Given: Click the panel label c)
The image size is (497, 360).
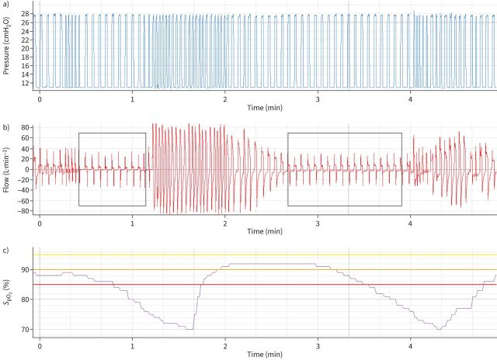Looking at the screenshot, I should click(7, 250).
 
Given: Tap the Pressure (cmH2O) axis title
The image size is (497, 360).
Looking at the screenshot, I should click(6, 48).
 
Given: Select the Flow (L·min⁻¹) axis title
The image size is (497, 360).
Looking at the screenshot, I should click(6, 168).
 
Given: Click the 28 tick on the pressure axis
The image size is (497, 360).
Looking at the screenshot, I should click(26, 14).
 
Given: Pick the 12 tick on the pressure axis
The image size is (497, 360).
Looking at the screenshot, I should click(26, 82).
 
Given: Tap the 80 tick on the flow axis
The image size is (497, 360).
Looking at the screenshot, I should click(25, 126).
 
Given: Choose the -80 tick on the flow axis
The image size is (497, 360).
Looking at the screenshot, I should click(23, 210).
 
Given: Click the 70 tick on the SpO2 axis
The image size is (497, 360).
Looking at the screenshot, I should click(26, 329).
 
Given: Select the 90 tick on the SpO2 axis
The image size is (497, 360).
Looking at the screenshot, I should click(26, 270).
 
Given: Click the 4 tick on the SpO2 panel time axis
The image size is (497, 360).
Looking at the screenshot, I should click(411, 343).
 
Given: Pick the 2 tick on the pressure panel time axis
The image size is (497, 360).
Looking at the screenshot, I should click(225, 99).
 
